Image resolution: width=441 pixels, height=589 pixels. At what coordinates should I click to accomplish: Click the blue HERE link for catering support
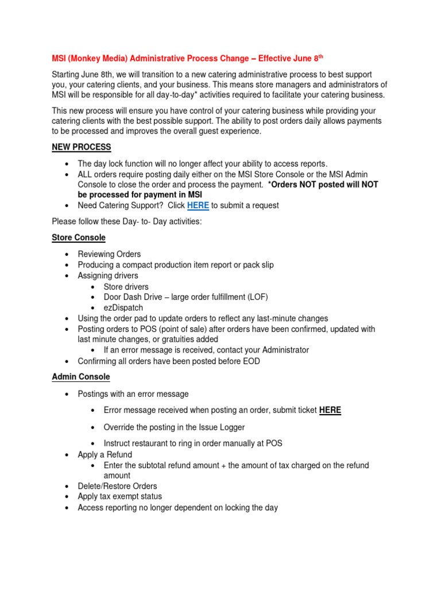[x=198, y=205]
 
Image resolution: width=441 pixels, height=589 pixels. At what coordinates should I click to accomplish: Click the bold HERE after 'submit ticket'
[x=330, y=410]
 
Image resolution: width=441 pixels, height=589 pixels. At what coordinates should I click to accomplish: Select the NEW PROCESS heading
[x=82, y=147]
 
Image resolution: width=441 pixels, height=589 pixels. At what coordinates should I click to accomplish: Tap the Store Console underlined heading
[x=79, y=238]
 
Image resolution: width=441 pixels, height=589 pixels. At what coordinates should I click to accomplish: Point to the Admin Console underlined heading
[x=81, y=377]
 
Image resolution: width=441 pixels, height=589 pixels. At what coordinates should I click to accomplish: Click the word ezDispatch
[x=123, y=308]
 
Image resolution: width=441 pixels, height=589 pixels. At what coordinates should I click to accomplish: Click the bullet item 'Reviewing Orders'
[x=109, y=254]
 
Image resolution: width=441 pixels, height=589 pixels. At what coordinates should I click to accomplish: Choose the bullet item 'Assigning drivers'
[x=108, y=276]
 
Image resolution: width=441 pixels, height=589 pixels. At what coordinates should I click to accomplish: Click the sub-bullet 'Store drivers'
[x=126, y=286]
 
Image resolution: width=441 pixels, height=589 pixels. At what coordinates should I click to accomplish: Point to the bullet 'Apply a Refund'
[x=105, y=454]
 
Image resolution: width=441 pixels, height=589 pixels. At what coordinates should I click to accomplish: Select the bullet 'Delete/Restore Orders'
[x=117, y=486]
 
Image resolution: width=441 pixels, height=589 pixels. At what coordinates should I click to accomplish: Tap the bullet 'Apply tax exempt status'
[x=120, y=496]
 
